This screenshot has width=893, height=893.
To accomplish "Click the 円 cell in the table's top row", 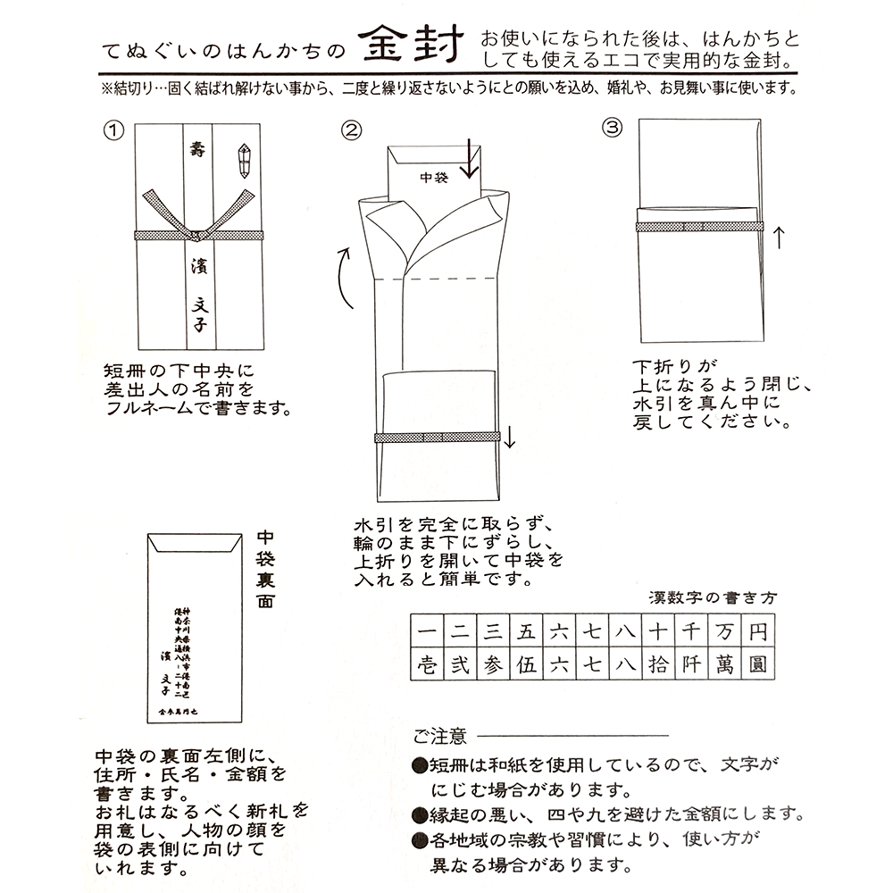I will click(757, 633).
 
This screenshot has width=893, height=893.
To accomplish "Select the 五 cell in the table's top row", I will click(526, 633).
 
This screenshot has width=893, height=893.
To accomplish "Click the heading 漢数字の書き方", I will click(712, 597).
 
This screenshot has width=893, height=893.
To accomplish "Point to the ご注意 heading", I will click(439, 736).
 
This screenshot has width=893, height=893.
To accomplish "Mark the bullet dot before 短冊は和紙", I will click(419, 766).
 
